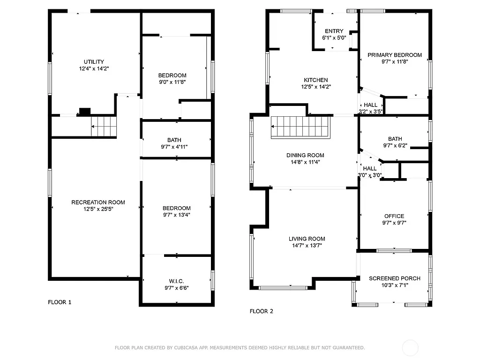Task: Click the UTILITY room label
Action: [94, 62]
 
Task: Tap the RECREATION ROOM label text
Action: [98, 202]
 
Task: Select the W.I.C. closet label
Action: [176, 281]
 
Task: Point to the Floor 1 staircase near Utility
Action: [103, 127]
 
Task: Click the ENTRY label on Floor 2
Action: [334, 31]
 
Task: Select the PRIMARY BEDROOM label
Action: [394, 55]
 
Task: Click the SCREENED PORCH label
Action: [394, 278]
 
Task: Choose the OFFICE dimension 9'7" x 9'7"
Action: [394, 223]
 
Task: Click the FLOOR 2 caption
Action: [261, 311]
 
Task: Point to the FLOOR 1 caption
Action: [60, 302]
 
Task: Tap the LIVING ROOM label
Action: [307, 239]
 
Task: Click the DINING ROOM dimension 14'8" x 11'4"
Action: [305, 162]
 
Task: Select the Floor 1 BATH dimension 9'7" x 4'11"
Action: [174, 147]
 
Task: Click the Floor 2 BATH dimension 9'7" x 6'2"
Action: [395, 146]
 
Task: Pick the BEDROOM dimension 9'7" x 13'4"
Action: [176, 215]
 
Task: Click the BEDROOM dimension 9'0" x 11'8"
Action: [172, 82]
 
